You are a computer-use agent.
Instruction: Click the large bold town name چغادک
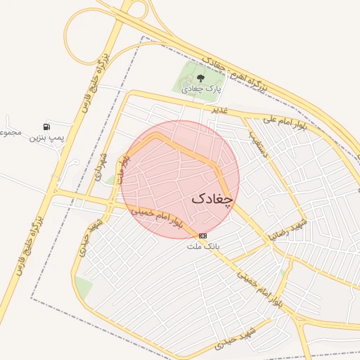point(212,200)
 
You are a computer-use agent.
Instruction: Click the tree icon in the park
point(201,78)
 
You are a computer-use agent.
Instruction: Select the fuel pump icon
point(46,127)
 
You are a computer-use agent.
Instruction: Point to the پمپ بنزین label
point(46,138)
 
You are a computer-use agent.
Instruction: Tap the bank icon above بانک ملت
point(203,235)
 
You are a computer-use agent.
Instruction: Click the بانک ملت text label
point(203,246)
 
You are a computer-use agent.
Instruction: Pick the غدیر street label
point(220,110)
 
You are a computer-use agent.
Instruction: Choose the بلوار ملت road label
point(124,169)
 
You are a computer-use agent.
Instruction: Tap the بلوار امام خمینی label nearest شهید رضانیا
point(260,284)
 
